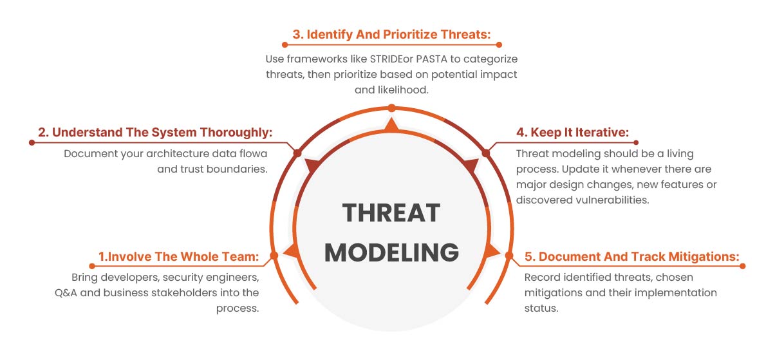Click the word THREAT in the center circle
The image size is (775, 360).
click(391, 212)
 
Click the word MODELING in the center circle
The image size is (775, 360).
click(391, 252)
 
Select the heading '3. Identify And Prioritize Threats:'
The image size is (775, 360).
click(391, 34)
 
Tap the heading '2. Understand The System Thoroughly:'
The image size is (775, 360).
click(155, 132)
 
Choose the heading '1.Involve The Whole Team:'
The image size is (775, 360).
click(178, 256)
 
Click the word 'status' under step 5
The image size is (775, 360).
click(540, 308)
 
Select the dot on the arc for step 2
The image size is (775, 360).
click(297, 153)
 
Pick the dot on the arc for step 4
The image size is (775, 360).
click(485, 153)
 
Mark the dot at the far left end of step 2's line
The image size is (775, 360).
click(32, 142)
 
